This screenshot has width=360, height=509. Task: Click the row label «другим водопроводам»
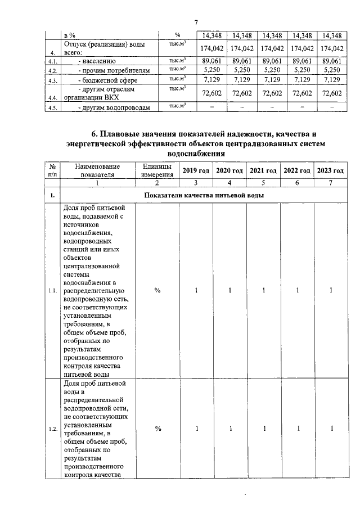coord(110,107)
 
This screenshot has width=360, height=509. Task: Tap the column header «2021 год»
coord(263,170)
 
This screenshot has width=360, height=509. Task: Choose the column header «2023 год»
coord(330,170)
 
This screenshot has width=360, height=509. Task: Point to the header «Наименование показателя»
coord(97,170)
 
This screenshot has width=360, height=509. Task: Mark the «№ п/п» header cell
coord(52,170)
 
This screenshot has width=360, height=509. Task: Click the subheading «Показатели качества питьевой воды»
coord(204,195)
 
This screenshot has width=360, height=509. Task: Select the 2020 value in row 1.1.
coord(230,290)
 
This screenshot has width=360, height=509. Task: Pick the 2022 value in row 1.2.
coord(298,429)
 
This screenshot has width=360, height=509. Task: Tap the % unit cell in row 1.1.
coord(158,290)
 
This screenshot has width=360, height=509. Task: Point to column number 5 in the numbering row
coord(263,183)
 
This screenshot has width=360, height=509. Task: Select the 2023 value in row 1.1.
coord(331,290)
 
